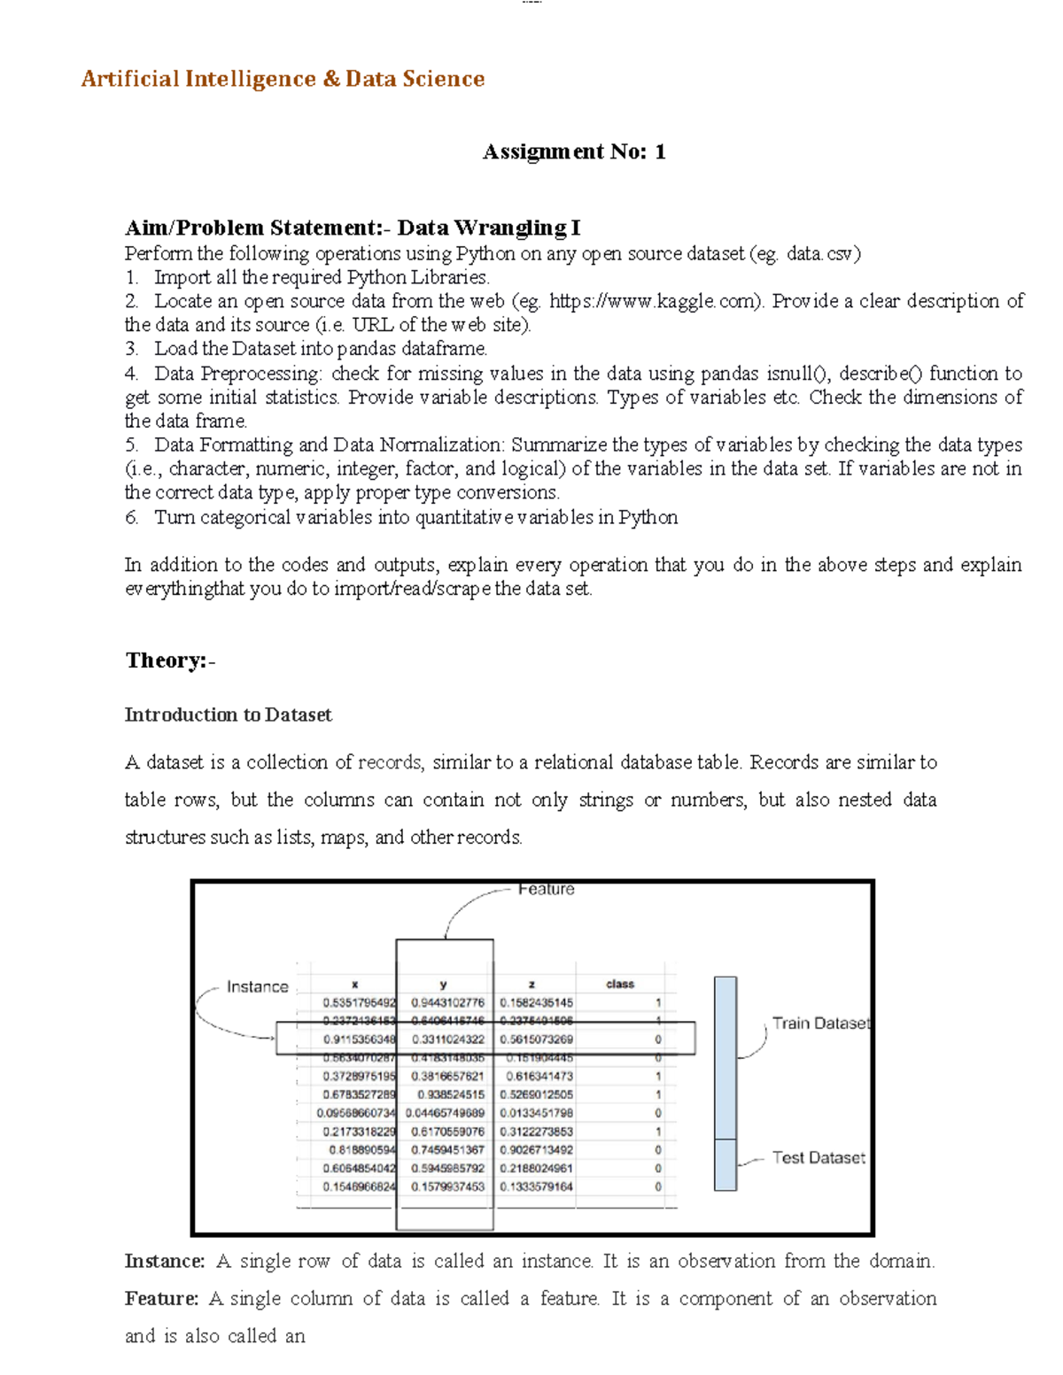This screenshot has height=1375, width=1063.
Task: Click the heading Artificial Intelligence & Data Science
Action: (x=283, y=79)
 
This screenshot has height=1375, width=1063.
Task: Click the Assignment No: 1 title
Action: (x=573, y=151)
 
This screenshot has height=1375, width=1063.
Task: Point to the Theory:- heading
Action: (x=170, y=660)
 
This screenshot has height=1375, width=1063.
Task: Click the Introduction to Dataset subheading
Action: (x=228, y=715)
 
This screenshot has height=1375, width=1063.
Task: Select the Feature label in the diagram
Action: (x=546, y=889)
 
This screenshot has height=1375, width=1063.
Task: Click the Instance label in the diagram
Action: (x=257, y=986)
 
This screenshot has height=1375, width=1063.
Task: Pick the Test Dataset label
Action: (x=819, y=1157)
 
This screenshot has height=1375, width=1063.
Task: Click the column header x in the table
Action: (x=354, y=984)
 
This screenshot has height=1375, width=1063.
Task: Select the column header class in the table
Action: (x=620, y=984)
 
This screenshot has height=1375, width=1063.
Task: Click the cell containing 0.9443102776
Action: (x=447, y=1002)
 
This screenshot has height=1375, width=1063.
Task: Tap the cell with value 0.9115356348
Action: (x=359, y=1039)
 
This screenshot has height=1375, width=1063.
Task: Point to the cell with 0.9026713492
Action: (x=536, y=1149)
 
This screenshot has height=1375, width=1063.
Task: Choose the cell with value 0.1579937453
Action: (x=447, y=1186)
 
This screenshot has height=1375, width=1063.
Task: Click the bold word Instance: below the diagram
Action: (x=165, y=1261)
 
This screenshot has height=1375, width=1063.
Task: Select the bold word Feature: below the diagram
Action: (x=161, y=1298)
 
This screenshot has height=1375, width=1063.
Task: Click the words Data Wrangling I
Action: (x=488, y=228)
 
